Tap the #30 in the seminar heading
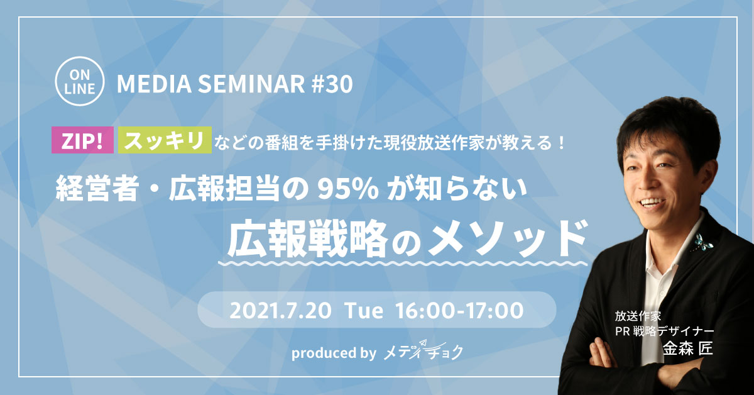(332, 84)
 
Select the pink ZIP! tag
(82, 140)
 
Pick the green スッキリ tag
(165, 140)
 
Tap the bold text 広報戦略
(307, 238)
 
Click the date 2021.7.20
(280, 311)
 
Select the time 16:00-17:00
(459, 311)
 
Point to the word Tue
(364, 311)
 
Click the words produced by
(334, 353)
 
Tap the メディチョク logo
(423, 350)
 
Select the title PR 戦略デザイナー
(665, 331)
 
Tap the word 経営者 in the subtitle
(97, 189)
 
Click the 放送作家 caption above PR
(638, 316)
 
